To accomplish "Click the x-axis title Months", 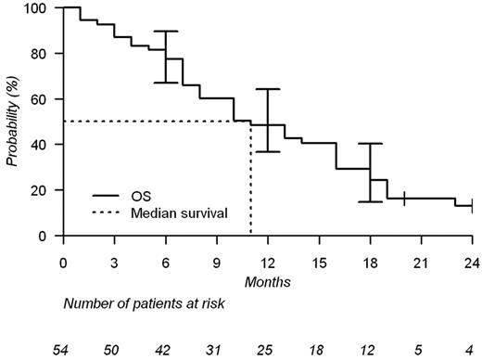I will (x=267, y=279).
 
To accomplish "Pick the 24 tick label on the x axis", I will (x=472, y=260).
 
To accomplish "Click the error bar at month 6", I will (x=166, y=57).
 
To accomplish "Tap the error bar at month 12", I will (x=268, y=120).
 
